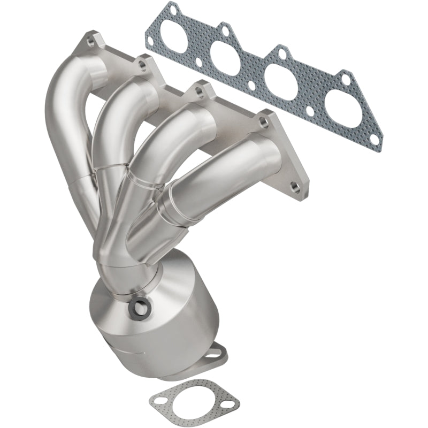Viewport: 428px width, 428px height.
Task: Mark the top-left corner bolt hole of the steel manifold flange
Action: [87, 39]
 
